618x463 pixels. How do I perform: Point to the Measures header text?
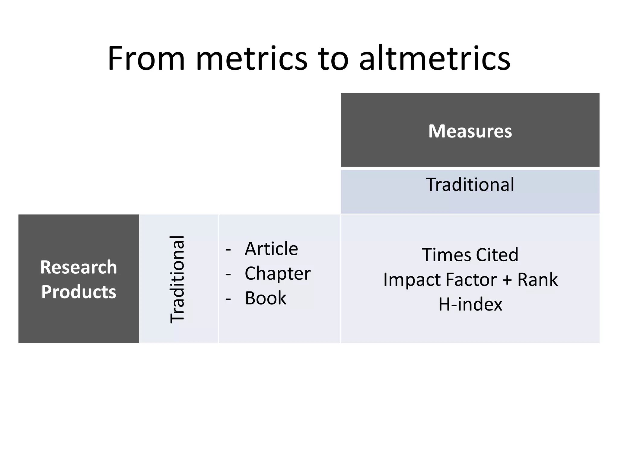click(470, 131)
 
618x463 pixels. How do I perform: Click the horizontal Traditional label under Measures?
click(470, 184)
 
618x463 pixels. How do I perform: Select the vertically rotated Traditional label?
click(177, 279)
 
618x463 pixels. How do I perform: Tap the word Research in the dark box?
click(78, 267)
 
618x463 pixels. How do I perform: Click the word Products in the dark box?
click(78, 292)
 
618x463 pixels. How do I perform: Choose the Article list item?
click(271, 249)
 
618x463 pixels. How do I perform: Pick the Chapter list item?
click(277, 273)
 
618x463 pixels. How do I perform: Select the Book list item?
click(265, 298)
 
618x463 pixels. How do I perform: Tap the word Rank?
click(537, 279)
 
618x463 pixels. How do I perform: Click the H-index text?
click(470, 304)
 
